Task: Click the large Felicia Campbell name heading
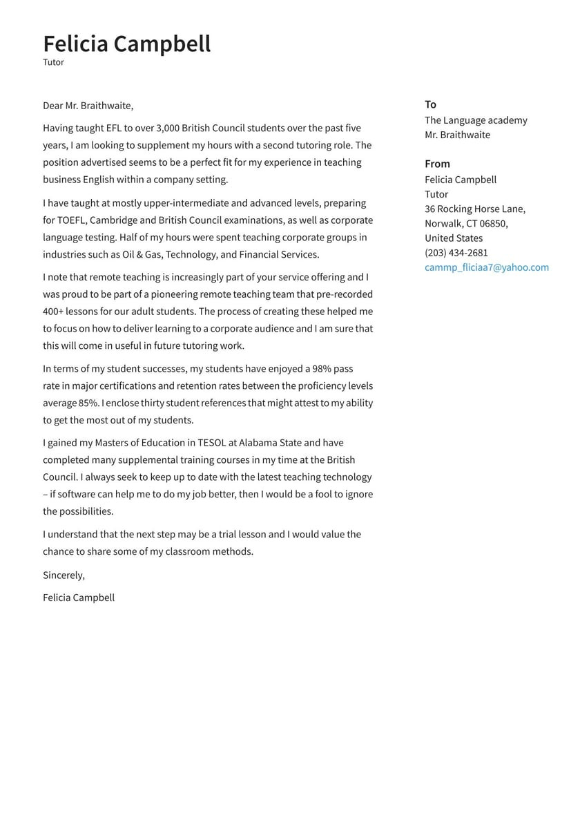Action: [x=126, y=44]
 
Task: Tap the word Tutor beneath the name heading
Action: [x=53, y=62]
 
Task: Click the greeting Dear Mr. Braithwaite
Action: [x=88, y=106]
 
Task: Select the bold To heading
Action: [x=430, y=104]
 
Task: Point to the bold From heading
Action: [x=437, y=164]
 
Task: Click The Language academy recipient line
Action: [x=476, y=120]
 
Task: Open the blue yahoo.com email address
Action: [x=487, y=267]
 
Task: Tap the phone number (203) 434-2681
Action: [x=456, y=253]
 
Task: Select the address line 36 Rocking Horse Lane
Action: [x=475, y=209]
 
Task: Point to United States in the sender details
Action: [x=454, y=238]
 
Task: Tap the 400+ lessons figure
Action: [x=52, y=312]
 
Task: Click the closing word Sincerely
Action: [x=64, y=575]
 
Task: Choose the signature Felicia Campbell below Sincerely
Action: [x=79, y=598]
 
